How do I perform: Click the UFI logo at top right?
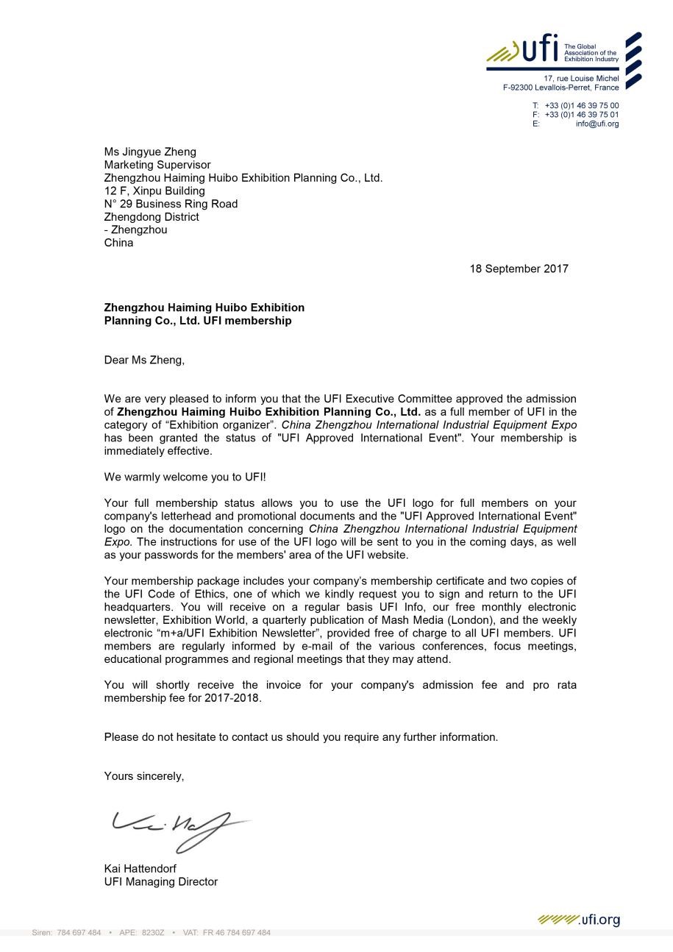pyautogui.click(x=540, y=51)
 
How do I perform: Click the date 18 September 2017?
pyautogui.click(x=519, y=269)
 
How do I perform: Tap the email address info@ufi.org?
pyautogui.click(x=597, y=124)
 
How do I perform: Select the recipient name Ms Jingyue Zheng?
pyautogui.click(x=150, y=152)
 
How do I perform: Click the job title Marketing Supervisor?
pyautogui.click(x=157, y=165)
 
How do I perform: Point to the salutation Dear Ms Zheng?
pyautogui.click(x=144, y=360)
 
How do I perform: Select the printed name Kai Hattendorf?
pyautogui.click(x=140, y=868)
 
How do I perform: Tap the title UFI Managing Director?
pyautogui.click(x=160, y=881)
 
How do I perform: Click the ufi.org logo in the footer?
pyautogui.click(x=579, y=920)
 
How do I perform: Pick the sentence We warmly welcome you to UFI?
pyautogui.click(x=185, y=477)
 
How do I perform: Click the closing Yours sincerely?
pyautogui.click(x=143, y=776)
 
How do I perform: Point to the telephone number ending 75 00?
pyautogui.click(x=581, y=105)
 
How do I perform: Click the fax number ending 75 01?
pyautogui.click(x=581, y=115)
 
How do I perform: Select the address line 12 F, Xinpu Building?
pyautogui.click(x=154, y=191)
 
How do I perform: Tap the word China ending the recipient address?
pyautogui.click(x=118, y=243)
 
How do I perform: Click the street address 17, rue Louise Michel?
pyautogui.click(x=581, y=79)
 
